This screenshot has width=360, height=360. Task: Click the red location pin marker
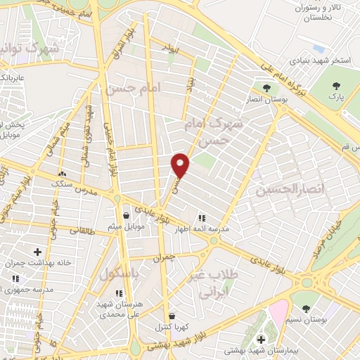181,165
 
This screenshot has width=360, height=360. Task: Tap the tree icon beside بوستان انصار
267,88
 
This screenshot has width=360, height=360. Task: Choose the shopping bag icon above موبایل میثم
126,215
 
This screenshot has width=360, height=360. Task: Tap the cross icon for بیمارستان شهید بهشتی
261,339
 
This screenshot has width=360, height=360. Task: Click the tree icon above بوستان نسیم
306,309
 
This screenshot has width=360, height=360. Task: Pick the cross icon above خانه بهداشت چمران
37,252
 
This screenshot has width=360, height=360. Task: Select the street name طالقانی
82,230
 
